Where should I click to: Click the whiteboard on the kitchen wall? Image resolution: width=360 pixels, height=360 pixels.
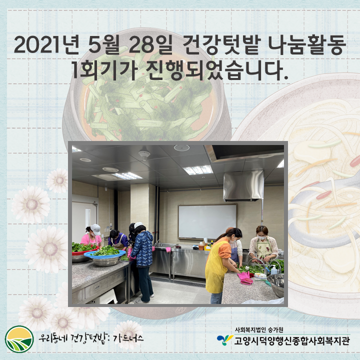coord(207,222)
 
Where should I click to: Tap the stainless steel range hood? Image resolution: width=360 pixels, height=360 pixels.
coord(243,185)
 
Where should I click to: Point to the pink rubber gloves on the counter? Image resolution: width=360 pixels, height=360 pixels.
coord(244,278)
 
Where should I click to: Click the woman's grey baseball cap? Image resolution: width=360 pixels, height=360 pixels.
coord(95,229)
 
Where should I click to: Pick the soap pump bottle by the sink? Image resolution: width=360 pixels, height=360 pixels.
coord(274,270)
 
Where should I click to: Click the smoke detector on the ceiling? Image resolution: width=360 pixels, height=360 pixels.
coord(144,154)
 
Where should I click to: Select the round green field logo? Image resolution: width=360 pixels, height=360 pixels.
coord(19,339)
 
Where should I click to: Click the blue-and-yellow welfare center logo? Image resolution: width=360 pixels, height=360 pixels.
coord(225,339)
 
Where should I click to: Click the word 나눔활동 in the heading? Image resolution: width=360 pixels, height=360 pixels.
coord(306,45)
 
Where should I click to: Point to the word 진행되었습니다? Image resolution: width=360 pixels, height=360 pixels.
coord(216,70)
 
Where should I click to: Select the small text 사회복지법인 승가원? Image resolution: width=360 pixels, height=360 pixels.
coord(259,330)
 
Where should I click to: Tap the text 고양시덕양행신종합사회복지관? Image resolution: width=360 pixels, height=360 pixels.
coord(292,340)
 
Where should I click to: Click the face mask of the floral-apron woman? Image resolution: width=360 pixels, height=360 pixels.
coord(261,237)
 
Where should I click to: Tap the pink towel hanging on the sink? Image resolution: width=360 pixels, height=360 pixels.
coord(168,249)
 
